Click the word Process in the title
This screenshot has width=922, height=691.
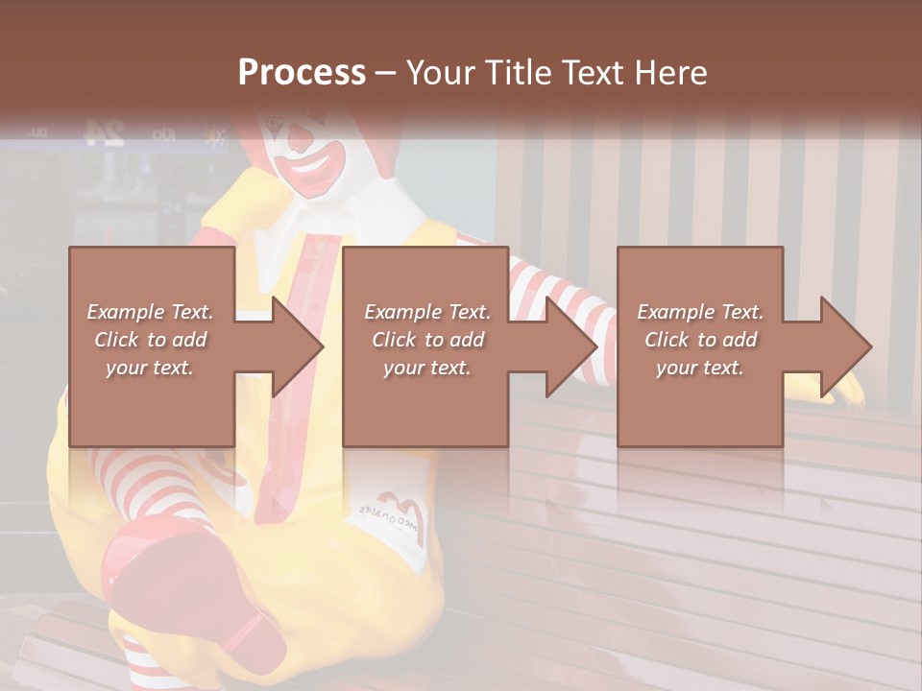pos(302,73)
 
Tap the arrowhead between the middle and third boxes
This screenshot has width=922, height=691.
pos(570,346)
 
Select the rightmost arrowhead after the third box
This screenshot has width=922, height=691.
pos(845,346)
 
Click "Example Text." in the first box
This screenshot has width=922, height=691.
pos(151,312)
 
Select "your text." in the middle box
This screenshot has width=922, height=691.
pos(426,368)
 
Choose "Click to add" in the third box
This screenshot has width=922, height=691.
pos(700,340)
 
